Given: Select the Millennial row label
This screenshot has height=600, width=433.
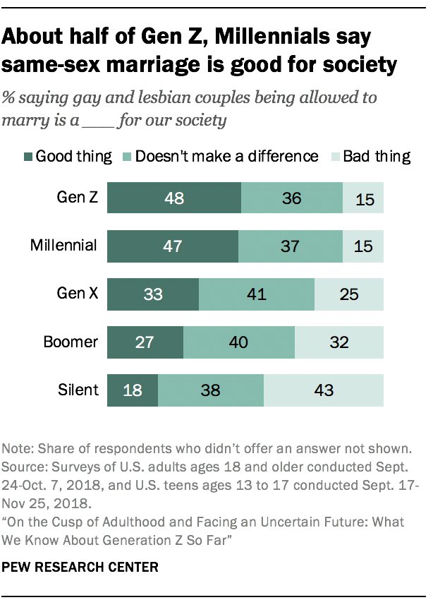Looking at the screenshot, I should (x=63, y=246).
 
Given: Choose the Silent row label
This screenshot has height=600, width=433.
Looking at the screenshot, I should (x=79, y=390).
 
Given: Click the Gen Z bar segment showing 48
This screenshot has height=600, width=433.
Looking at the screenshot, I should (x=173, y=198).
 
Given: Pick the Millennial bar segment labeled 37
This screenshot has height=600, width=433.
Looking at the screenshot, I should (x=290, y=246).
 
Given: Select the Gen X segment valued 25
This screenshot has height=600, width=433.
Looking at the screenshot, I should (x=348, y=294).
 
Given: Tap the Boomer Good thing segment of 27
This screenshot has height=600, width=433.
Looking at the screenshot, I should (x=145, y=342).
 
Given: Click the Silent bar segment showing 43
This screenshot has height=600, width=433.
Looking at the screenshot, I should (x=324, y=390).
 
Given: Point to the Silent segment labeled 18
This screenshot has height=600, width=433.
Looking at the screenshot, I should (x=132, y=390).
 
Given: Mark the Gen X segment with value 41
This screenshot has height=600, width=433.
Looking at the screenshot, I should (x=257, y=294).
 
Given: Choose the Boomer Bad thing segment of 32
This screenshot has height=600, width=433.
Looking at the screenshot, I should (x=339, y=342).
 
